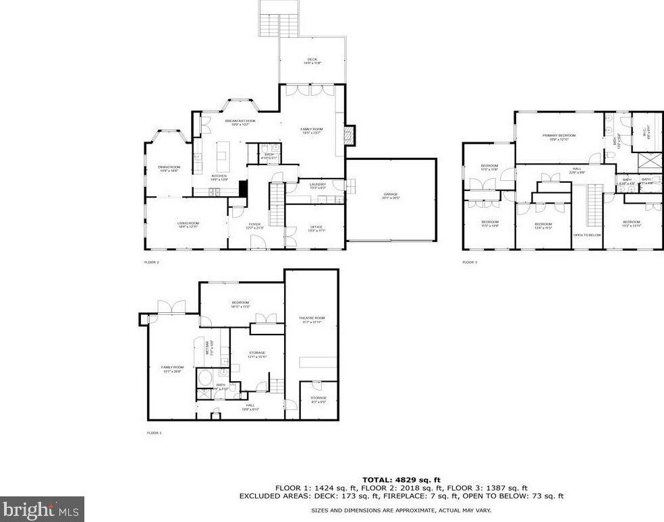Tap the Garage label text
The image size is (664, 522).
coord(391,196)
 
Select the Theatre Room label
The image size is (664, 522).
coord(312,320)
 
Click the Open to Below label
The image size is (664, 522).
coord(586,235)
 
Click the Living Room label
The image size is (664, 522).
coord(187,225)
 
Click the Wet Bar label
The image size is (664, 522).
coord(209,348)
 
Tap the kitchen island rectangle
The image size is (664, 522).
coord(221,158)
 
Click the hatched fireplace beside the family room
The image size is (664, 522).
coord(349,135)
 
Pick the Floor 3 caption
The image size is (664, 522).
coord(470,262)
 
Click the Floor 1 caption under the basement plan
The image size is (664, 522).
coord(154,432)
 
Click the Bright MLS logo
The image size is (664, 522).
coord(42,509)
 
